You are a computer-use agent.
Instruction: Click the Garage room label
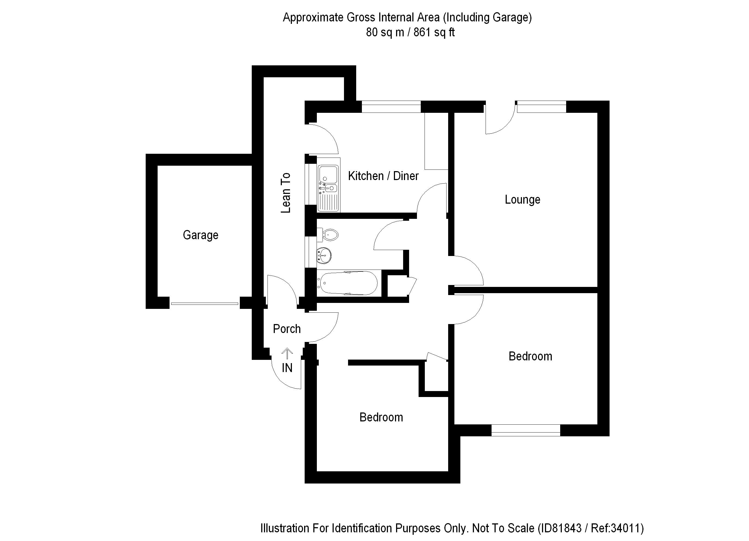[200, 235]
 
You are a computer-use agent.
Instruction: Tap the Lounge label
[522, 200]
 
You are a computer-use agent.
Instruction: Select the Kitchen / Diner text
[383, 176]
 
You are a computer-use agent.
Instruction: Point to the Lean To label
[286, 193]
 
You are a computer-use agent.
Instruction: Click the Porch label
[287, 329]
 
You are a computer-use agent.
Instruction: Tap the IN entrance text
[287, 368]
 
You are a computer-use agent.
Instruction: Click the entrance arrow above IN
[287, 354]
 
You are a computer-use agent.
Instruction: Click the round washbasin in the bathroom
[324, 255]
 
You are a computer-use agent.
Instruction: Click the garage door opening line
[205, 303]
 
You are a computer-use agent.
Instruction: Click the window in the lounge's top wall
[541, 107]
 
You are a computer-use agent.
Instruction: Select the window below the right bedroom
[526, 430]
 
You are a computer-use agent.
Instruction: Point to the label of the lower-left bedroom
[381, 418]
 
